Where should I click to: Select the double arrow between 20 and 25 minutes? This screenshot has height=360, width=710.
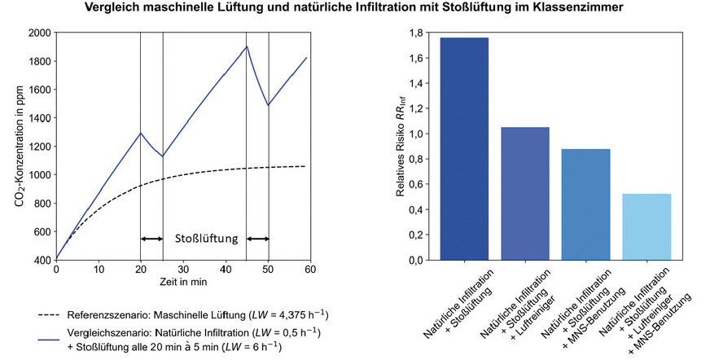(x=151, y=239)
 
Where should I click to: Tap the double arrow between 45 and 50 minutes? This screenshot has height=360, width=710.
(x=258, y=239)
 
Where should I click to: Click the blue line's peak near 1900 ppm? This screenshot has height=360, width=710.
(x=247, y=46)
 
